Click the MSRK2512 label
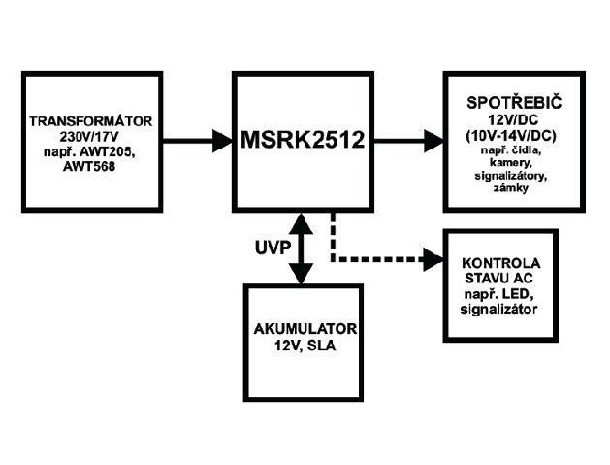[302, 140]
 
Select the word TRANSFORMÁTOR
[92, 122]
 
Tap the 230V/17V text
[92, 137]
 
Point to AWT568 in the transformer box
[92, 166]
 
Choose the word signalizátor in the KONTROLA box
[500, 308]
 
